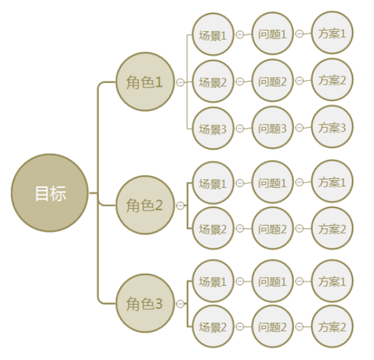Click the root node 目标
click(x=50, y=193)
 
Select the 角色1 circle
click(x=145, y=82)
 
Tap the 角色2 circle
click(x=145, y=205)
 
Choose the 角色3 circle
click(x=145, y=303)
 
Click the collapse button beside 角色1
click(x=180, y=82)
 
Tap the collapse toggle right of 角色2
click(x=180, y=205)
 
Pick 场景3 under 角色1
click(x=213, y=128)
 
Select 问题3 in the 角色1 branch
click(x=272, y=128)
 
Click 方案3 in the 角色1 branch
click(x=332, y=127)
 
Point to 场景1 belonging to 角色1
click(x=213, y=35)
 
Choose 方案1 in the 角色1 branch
click(x=332, y=33)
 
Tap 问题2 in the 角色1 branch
click(x=272, y=81)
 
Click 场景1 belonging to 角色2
click(x=213, y=183)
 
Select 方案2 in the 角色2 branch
click(x=332, y=228)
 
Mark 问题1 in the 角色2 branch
click(x=272, y=182)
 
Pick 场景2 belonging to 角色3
click(x=213, y=327)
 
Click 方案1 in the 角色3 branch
click(x=332, y=281)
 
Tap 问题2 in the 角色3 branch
click(x=272, y=326)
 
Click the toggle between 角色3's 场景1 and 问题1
click(x=240, y=282)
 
